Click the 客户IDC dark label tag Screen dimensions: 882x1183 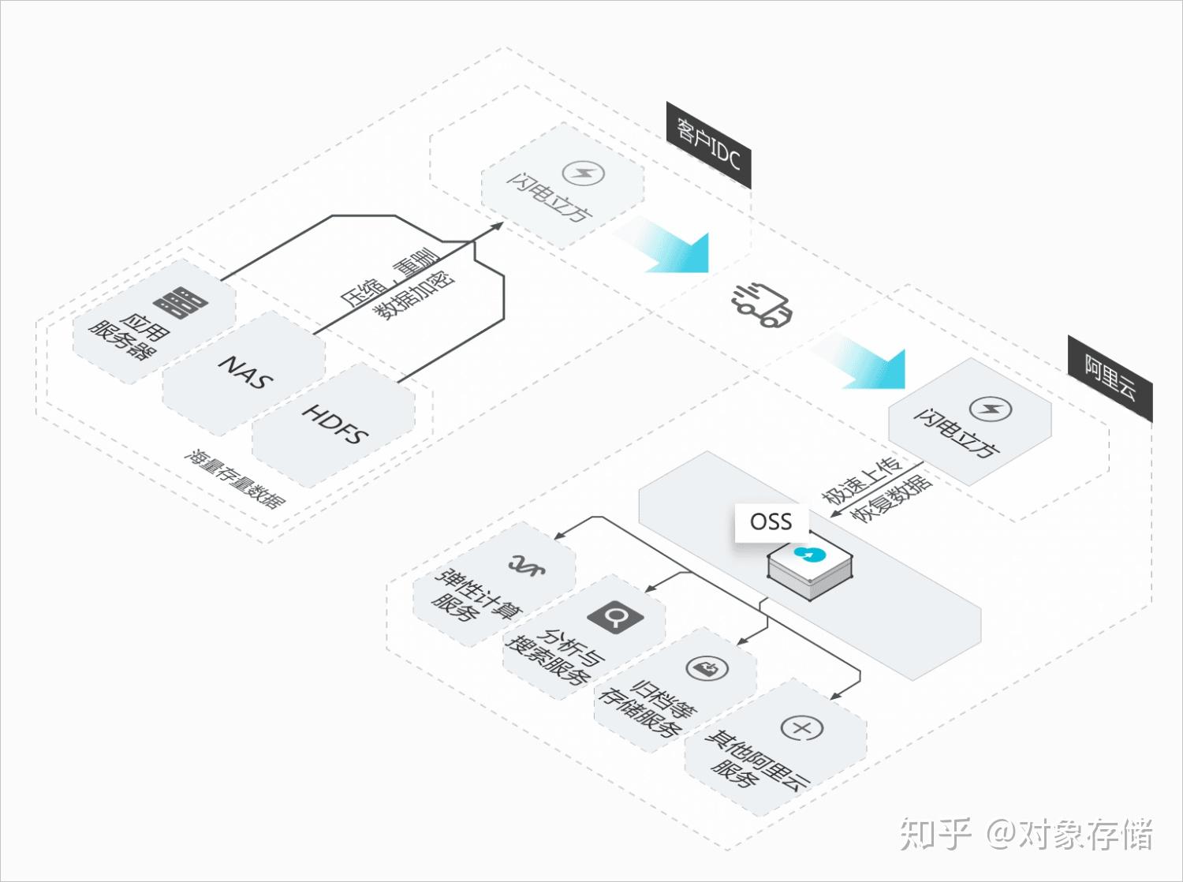[708, 145]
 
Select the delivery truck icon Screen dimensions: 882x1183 [761, 303]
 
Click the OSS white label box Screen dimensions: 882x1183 [771, 521]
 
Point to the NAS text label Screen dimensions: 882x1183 [245, 371]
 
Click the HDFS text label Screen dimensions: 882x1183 [335, 424]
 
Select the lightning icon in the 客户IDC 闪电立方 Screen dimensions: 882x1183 [584, 172]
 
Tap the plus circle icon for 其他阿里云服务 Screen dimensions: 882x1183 [802, 728]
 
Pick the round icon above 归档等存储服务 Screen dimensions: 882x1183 [707, 669]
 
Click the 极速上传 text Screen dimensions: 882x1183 [861, 480]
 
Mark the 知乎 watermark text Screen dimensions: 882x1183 [936, 835]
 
